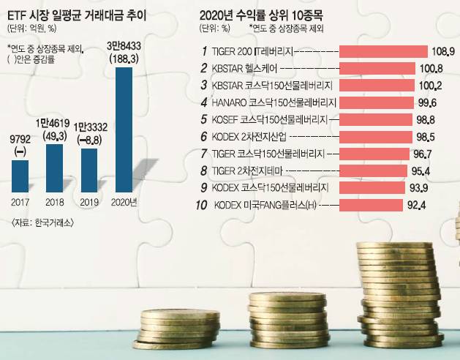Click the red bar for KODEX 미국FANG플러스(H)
(x=374, y=206)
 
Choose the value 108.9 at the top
(x=443, y=51)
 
